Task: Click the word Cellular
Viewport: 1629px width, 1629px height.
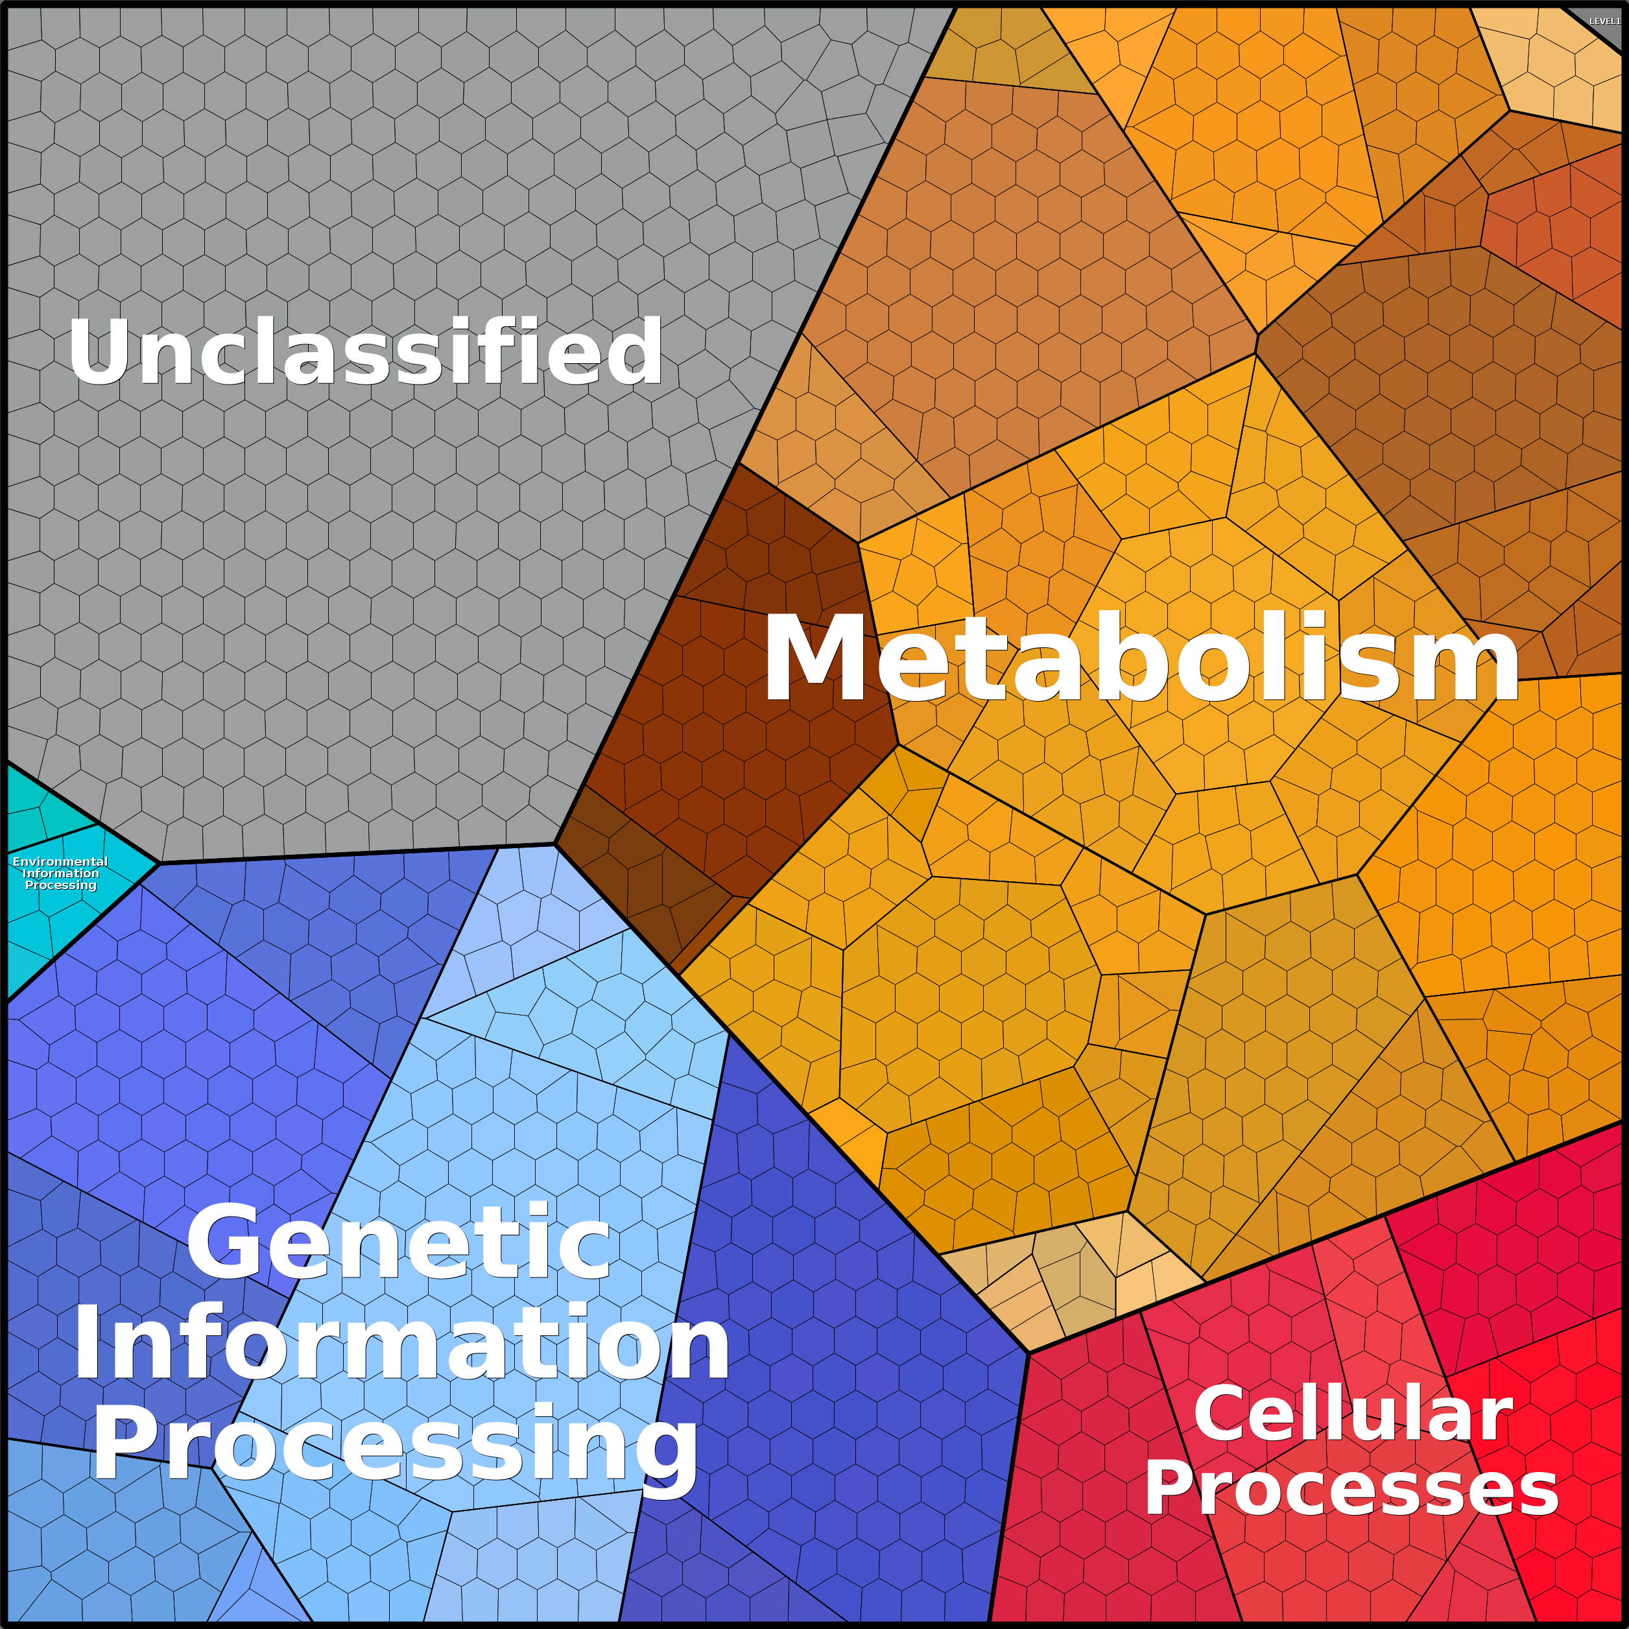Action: coord(1353,1414)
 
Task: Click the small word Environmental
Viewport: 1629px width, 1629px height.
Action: coord(60,862)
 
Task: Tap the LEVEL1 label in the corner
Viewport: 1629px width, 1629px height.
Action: coord(1604,21)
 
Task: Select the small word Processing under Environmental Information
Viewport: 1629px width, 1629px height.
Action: coord(61,885)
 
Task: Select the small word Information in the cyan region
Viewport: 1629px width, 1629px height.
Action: coord(61,874)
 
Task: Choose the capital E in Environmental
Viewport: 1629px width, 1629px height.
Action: coord(16,862)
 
